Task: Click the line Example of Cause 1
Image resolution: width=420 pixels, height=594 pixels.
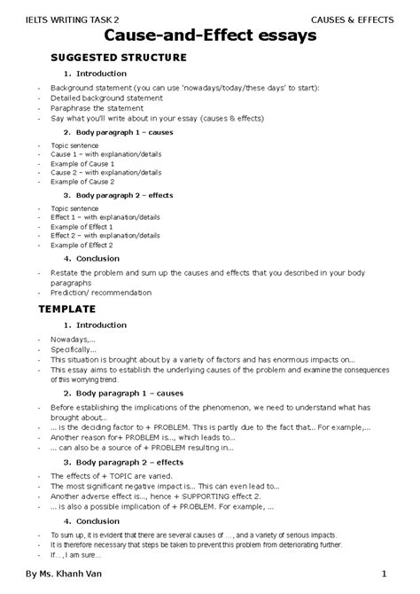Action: coord(82,163)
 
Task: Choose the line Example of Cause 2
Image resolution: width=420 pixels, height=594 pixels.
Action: coord(82,181)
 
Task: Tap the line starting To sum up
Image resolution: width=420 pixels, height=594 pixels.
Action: coord(213,535)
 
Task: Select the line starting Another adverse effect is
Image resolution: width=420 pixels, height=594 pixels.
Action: coord(168,496)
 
